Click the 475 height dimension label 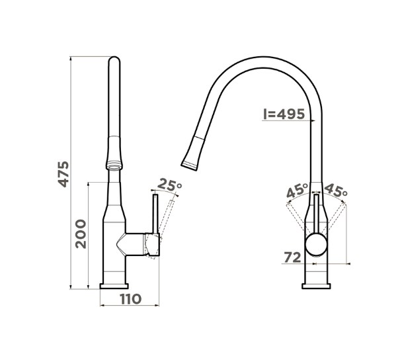coord(63,174)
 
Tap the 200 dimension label coord(81,234)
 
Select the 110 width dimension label coord(131,299)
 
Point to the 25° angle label coord(170,185)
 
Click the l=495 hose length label coord(284,114)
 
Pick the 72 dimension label coord(293,257)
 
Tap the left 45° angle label coord(298,191)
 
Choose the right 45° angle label coord(336,190)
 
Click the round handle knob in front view coord(316,244)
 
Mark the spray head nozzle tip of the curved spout coord(189,165)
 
